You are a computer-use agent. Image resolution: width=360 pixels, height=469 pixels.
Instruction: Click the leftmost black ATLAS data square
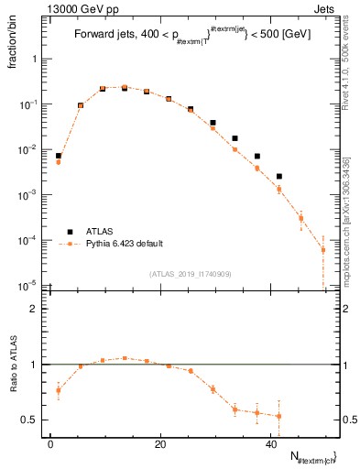click(59, 156)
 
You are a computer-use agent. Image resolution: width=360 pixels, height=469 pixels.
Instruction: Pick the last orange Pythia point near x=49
click(322, 249)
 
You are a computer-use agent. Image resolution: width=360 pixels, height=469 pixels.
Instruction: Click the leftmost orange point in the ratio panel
click(59, 390)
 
